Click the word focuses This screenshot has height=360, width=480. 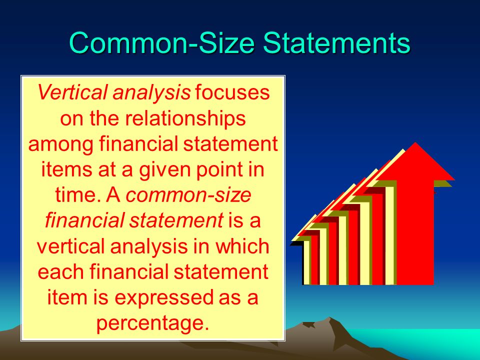coord(232,92)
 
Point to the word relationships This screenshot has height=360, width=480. coord(185,118)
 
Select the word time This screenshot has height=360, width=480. coord(78,194)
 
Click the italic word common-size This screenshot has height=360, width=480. coord(188,195)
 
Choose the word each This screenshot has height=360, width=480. coord(60,271)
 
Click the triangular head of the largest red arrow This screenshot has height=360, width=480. coord(415,161)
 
